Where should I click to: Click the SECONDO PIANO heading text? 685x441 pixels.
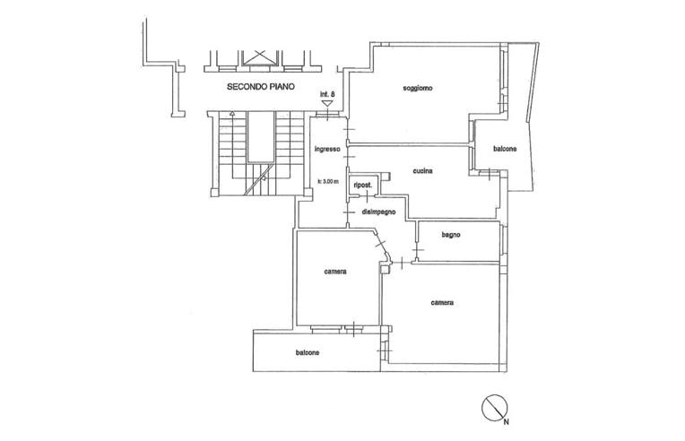261,87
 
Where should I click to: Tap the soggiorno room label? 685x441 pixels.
418,88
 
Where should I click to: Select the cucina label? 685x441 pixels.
422,170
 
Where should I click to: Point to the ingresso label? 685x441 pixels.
327,149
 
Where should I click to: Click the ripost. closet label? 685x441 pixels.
362,186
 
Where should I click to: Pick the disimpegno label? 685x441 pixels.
378,212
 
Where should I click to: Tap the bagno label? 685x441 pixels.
451,235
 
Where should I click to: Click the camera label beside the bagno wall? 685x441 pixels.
442,302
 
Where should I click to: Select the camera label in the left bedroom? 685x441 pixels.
335,272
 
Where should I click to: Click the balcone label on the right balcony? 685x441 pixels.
505,149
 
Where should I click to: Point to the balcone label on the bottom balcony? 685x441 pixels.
308,352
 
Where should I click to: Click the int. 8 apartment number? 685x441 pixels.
327,94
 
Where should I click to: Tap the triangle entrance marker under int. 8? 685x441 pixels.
327,104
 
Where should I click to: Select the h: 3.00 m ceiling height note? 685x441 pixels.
327,182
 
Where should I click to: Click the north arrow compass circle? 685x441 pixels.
495,408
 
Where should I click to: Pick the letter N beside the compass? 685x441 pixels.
506,422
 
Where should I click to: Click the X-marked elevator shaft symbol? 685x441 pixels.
260,57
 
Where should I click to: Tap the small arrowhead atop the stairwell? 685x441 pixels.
232,114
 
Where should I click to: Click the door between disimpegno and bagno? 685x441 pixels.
418,249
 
